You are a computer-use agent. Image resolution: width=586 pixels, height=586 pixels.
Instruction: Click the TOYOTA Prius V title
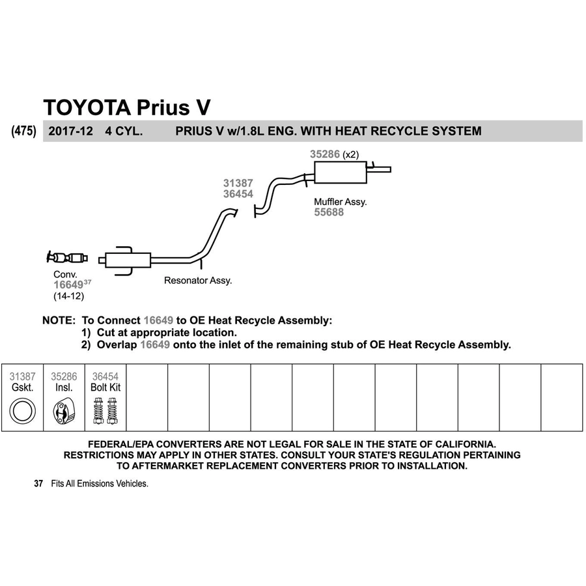pyautogui.click(x=127, y=107)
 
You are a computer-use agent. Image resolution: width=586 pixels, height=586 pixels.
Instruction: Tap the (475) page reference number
pyautogui.click(x=24, y=131)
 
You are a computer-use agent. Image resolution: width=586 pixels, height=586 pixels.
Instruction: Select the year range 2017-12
pyautogui.click(x=70, y=131)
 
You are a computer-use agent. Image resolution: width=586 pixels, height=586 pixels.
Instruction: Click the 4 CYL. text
pyautogui.click(x=124, y=131)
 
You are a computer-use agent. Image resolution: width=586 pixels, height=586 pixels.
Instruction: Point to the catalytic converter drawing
pyautogui.click(x=67, y=257)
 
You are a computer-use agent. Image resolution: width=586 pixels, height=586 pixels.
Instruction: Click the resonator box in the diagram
pyautogui.click(x=128, y=260)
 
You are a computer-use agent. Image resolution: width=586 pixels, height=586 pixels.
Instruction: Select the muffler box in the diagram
pyautogui.click(x=340, y=173)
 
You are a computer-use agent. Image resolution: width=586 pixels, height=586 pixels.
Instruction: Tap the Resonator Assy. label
pyautogui.click(x=198, y=280)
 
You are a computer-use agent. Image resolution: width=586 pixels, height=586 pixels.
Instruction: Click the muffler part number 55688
pyautogui.click(x=329, y=212)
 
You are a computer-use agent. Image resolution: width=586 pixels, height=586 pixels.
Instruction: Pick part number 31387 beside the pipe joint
pyautogui.click(x=238, y=183)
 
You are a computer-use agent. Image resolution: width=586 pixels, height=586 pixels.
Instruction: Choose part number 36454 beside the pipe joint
pyautogui.click(x=238, y=194)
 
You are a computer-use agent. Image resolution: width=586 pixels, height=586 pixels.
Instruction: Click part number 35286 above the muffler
pyautogui.click(x=325, y=154)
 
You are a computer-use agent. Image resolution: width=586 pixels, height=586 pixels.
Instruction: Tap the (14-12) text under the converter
pyautogui.click(x=69, y=296)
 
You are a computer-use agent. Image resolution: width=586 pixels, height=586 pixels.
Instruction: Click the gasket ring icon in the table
pyautogui.click(x=22, y=411)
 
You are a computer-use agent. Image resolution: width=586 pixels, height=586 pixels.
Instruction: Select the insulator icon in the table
pyautogui.click(x=64, y=412)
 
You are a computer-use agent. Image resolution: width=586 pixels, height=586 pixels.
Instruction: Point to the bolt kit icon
pyautogui.click(x=105, y=411)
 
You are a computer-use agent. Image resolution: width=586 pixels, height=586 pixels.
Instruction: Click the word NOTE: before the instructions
pyautogui.click(x=59, y=320)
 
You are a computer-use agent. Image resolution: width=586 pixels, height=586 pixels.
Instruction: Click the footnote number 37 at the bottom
pyautogui.click(x=38, y=484)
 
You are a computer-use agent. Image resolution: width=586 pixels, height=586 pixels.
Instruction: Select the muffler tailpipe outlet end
pyautogui.click(x=390, y=170)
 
